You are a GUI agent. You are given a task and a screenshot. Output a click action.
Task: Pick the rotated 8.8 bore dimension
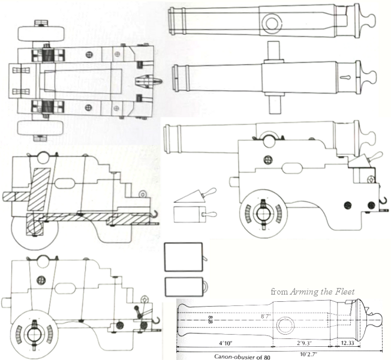coord(210,319)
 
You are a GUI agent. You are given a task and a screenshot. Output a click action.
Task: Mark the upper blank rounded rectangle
coord(183,256)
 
